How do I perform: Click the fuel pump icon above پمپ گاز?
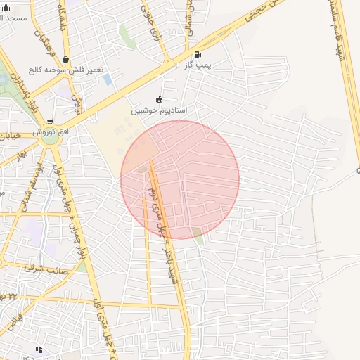click(x=198, y=54)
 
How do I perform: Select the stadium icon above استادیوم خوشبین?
click(x=159, y=99)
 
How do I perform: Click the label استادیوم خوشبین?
click(x=159, y=110)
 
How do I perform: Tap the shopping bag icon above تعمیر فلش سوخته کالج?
click(x=65, y=60)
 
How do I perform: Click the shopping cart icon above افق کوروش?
click(x=50, y=121)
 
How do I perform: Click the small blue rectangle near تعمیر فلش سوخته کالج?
click(x=107, y=79)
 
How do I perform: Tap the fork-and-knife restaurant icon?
click(x=39, y=349)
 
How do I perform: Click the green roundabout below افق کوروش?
click(x=49, y=138)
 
